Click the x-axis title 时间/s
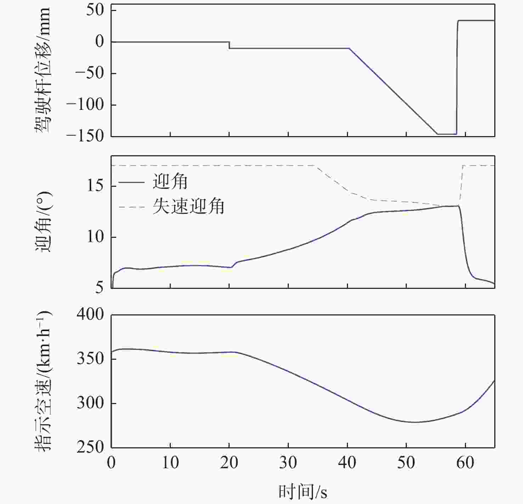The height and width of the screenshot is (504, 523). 303,492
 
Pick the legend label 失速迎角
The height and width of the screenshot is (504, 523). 189,206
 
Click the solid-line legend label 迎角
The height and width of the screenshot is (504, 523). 170,182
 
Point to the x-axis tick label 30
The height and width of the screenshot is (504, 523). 288,463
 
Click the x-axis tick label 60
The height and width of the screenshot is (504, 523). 465,463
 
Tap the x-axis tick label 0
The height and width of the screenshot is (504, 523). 112,463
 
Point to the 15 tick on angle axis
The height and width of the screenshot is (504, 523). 95,186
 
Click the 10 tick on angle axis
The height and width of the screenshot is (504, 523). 95,237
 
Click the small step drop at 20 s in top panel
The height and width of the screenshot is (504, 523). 229,45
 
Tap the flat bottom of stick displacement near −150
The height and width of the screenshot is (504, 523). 447,134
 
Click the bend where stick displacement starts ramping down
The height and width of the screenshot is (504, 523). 349,48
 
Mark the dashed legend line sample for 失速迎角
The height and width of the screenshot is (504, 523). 131,207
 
